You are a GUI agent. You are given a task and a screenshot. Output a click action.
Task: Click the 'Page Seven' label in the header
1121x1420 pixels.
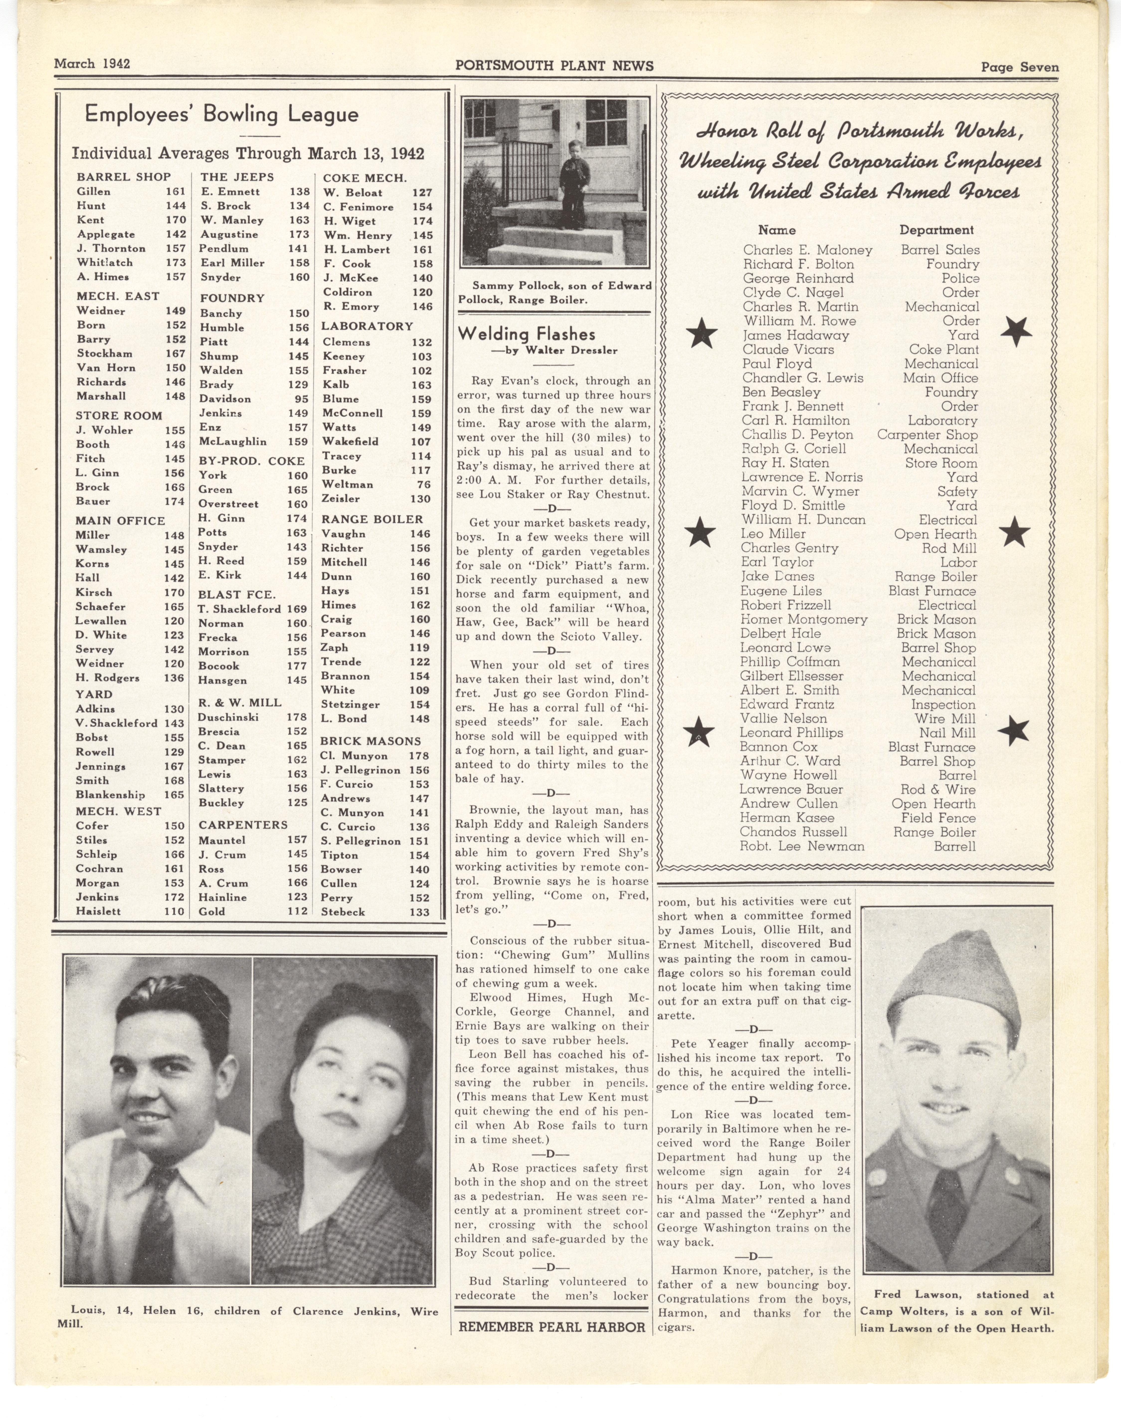(1019, 67)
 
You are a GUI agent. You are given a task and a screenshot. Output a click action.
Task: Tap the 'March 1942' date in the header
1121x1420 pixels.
(92, 64)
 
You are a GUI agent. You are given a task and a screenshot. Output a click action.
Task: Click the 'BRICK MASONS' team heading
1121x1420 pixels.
(370, 741)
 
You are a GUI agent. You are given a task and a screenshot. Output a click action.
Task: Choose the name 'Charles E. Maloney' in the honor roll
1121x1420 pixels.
(807, 250)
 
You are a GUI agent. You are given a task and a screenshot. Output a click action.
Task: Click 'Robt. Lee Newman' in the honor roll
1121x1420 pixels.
(801, 846)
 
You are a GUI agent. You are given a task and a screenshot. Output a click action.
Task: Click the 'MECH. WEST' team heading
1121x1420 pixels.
(118, 811)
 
